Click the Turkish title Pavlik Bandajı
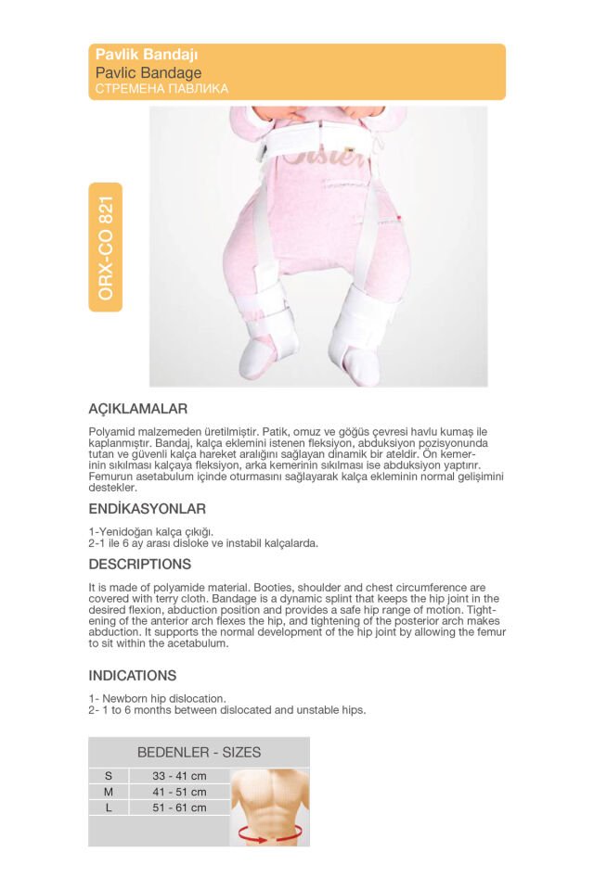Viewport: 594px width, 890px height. coord(147,56)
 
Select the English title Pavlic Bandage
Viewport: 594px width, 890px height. coord(148,72)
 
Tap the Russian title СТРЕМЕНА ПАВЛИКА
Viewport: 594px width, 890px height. coord(161,89)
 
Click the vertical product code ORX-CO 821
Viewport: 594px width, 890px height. coord(106,248)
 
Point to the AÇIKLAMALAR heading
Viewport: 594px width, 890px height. coord(138,409)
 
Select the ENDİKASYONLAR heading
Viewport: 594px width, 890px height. coord(147,509)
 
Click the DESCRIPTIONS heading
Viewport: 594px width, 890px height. coord(140,565)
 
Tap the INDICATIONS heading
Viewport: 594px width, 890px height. coord(133,676)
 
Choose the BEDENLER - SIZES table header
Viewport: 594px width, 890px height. coord(199,753)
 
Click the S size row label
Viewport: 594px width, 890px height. coord(109,776)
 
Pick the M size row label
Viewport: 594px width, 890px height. coord(109,792)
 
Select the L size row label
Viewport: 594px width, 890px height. coord(109,807)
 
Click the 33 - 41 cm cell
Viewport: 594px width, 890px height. coord(179,776)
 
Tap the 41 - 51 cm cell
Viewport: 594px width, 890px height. coord(179,792)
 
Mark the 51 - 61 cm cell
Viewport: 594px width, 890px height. coord(179,807)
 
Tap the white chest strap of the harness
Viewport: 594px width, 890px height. coord(316,139)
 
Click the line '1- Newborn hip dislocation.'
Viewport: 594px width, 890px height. coord(157,698)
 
